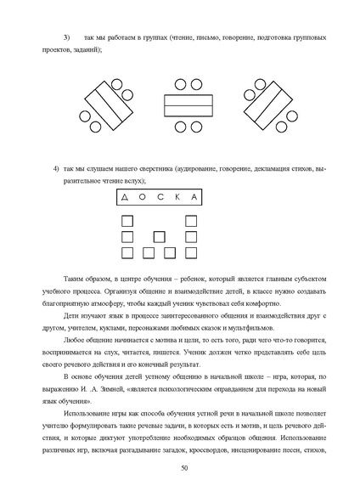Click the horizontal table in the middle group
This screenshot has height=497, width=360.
coord(183,106)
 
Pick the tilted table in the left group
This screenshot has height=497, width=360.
coord(107,105)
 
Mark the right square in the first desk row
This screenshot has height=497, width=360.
coord(189,221)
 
